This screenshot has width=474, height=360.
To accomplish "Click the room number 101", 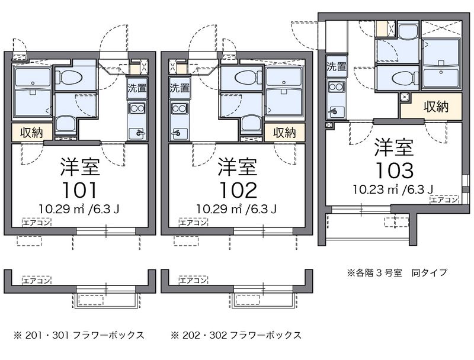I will click(80, 190).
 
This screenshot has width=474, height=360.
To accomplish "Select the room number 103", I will click(393, 170).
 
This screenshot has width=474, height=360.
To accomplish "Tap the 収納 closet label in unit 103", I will click(435, 107).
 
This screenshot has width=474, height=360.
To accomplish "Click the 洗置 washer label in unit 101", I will click(137, 89).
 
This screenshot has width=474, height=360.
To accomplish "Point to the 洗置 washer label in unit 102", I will click(179, 89).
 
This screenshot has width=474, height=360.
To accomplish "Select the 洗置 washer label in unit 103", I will click(336, 66).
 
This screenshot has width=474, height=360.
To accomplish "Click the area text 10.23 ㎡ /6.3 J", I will click(393, 189).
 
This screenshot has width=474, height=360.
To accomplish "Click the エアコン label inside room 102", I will click(193, 223).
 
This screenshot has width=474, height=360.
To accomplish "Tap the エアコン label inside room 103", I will click(444, 200).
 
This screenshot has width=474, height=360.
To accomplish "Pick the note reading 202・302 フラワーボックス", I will click(236, 335).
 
